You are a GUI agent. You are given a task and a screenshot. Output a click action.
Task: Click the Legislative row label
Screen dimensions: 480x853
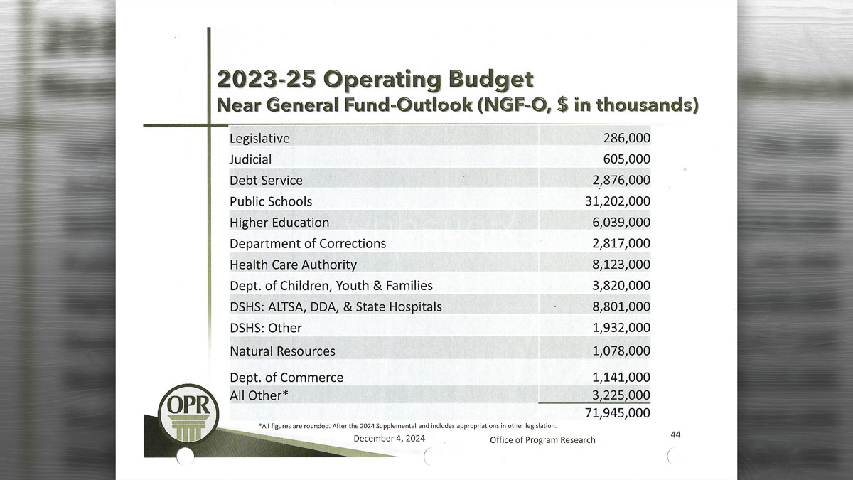coord(259,138)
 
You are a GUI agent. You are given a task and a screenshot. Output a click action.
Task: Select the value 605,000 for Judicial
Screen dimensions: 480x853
coord(627,159)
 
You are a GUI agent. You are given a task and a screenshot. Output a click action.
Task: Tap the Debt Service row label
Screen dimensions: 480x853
coord(266,181)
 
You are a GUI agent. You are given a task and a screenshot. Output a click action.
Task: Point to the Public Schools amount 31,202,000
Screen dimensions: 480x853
coord(617,201)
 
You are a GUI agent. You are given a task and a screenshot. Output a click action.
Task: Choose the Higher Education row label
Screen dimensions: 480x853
coord(279,223)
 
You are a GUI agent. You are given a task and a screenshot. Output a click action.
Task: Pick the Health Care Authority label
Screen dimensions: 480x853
coord(293,265)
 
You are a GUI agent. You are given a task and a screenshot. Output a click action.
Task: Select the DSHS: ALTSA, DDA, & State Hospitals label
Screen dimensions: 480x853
coord(336,306)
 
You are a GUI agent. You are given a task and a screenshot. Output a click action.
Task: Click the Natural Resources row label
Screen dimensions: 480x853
coord(282,351)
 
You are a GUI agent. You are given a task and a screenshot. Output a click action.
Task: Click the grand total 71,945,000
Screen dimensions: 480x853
coord(617,412)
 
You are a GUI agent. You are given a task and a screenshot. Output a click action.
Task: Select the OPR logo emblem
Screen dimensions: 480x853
coord(188,415)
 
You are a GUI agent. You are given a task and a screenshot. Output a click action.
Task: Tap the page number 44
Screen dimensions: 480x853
coord(676,434)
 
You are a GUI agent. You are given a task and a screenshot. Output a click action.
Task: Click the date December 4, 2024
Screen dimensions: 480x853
coord(389,438)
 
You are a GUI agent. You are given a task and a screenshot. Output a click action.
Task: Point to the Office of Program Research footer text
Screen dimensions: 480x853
coord(542,440)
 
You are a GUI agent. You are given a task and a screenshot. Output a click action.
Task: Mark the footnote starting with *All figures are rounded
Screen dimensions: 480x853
coord(407,425)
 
